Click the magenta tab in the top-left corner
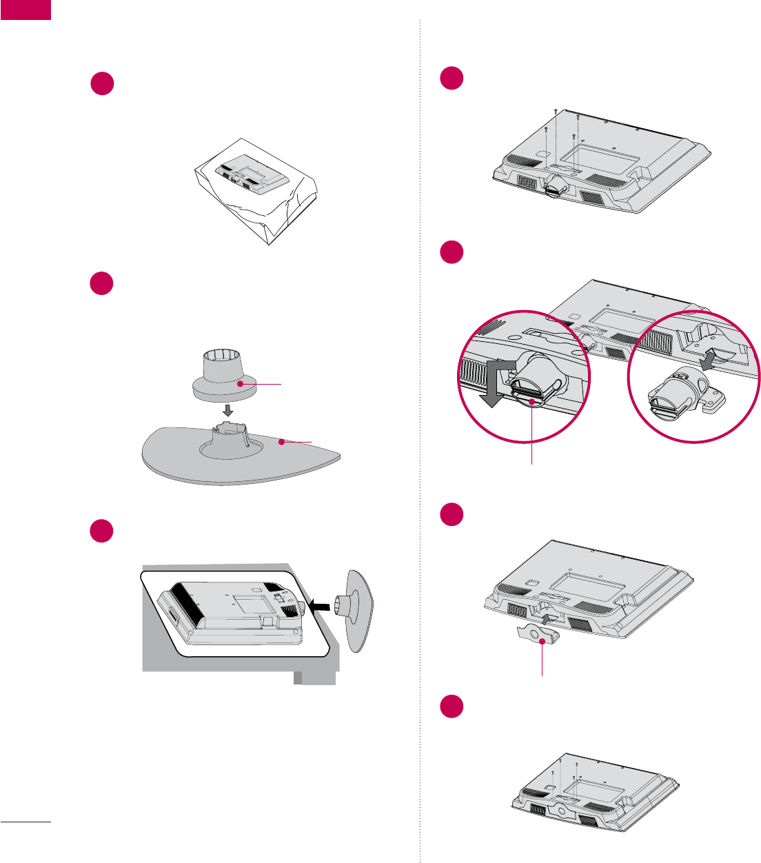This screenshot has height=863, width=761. (26, 10)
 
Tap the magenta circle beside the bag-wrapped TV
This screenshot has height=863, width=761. (102, 83)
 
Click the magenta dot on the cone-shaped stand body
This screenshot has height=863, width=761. (240, 383)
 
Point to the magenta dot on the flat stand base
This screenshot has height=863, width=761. (281, 443)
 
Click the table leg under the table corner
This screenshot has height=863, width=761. (298, 679)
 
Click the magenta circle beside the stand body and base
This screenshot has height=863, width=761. (102, 284)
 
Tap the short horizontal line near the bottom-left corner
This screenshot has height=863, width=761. (26, 822)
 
